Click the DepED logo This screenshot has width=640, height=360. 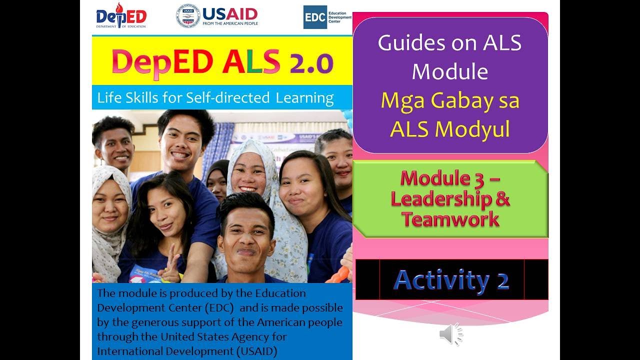coord(120,16)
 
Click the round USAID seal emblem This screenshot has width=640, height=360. coord(187,16)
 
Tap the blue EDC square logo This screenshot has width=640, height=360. coord(315,17)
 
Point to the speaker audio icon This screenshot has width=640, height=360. coord(450,334)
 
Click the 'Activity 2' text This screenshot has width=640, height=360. coord(451,280)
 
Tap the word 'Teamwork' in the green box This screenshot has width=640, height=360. coord(450,219)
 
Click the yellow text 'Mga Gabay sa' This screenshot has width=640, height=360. coord(450,100)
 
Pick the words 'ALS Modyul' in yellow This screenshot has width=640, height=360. coord(450,129)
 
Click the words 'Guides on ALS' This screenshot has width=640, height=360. coord(450,43)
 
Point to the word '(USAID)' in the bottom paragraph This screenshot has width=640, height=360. coord(252,351)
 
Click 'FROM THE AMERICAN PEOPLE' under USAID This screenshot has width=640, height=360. coord(230,23)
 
